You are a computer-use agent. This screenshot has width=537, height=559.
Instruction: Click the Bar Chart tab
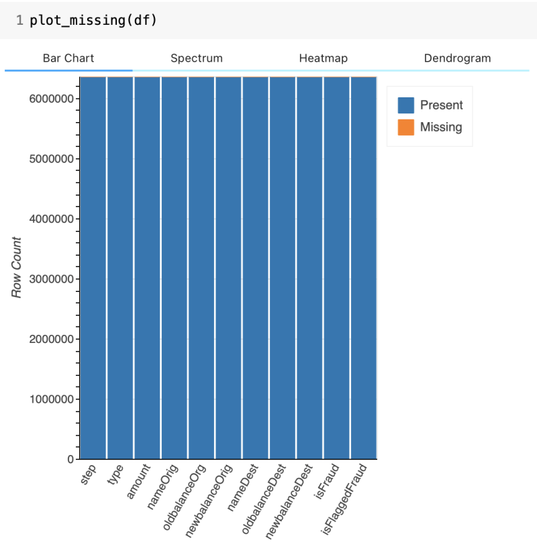[x=68, y=58]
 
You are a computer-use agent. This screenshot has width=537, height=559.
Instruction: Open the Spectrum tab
[x=196, y=58]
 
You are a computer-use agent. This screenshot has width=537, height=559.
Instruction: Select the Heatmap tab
[x=323, y=58]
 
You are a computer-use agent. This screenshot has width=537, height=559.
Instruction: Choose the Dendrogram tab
[x=457, y=58]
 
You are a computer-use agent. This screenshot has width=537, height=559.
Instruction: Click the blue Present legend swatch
[x=406, y=105]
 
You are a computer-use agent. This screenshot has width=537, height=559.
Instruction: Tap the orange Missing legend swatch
[x=406, y=127]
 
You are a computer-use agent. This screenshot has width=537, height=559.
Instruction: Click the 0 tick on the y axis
[x=70, y=460]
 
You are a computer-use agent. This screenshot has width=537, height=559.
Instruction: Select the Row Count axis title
[x=17, y=267]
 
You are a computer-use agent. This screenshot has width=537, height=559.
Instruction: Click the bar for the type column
[x=120, y=268]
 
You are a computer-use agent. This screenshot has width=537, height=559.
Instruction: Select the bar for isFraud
[x=336, y=268]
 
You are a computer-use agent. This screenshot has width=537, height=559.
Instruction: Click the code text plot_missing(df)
[x=93, y=19]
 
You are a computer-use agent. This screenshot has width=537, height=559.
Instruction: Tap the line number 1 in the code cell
[x=20, y=19]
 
